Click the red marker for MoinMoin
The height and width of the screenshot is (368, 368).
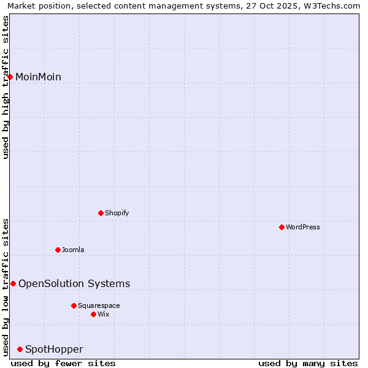[10, 77]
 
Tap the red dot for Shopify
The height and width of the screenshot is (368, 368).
[101, 213]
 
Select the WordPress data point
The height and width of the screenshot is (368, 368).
[282, 227]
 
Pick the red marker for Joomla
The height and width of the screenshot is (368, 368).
[58, 250]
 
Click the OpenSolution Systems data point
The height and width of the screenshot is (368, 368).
[13, 283]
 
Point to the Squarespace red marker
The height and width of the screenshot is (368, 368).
[74, 305]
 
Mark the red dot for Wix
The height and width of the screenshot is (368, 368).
[94, 314]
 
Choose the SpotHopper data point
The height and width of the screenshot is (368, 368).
[20, 349]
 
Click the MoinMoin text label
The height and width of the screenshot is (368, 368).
[38, 77]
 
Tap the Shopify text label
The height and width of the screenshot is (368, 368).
[117, 213]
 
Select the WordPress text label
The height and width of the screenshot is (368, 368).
[303, 227]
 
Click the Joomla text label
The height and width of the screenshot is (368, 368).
[73, 250]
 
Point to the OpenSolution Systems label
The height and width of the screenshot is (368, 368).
[74, 283]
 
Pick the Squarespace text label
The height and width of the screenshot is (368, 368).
[99, 305]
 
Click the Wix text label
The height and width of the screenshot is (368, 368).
[104, 314]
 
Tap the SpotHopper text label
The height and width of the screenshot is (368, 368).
[54, 349]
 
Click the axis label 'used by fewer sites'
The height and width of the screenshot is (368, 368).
[63, 363]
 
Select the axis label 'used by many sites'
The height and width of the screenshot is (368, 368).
[308, 363]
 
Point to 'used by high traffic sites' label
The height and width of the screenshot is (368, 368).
[6, 87]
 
